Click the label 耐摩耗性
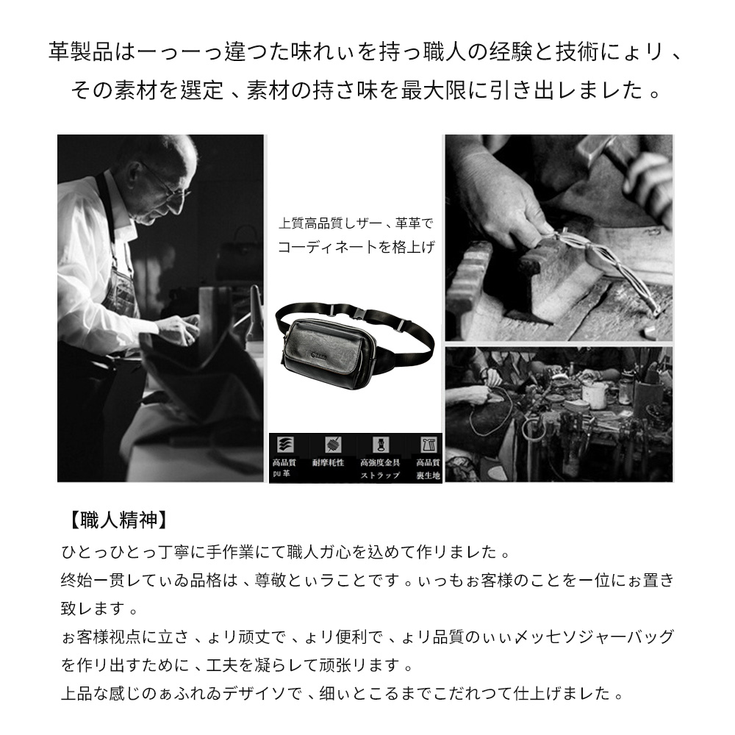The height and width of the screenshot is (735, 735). (328, 463)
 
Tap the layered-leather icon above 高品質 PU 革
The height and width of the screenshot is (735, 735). (284, 445)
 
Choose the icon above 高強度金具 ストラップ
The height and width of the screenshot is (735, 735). (380, 445)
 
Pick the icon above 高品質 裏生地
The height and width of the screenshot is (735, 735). (427, 445)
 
